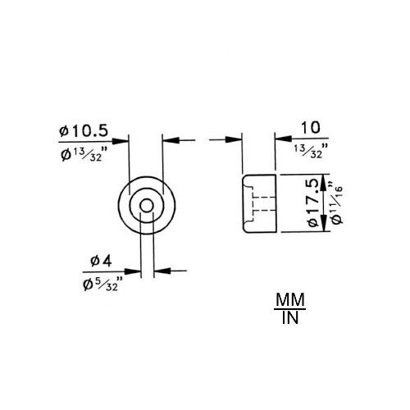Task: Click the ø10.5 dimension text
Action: (84, 131)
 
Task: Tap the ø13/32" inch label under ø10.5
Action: (84, 155)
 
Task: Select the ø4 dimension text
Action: (101, 262)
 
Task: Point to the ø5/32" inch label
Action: (103, 284)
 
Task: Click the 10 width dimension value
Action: (310, 128)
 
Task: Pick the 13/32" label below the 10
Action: (311, 151)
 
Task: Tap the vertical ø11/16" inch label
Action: (336, 202)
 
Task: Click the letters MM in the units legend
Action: (290, 299)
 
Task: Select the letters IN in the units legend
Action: (290, 317)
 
